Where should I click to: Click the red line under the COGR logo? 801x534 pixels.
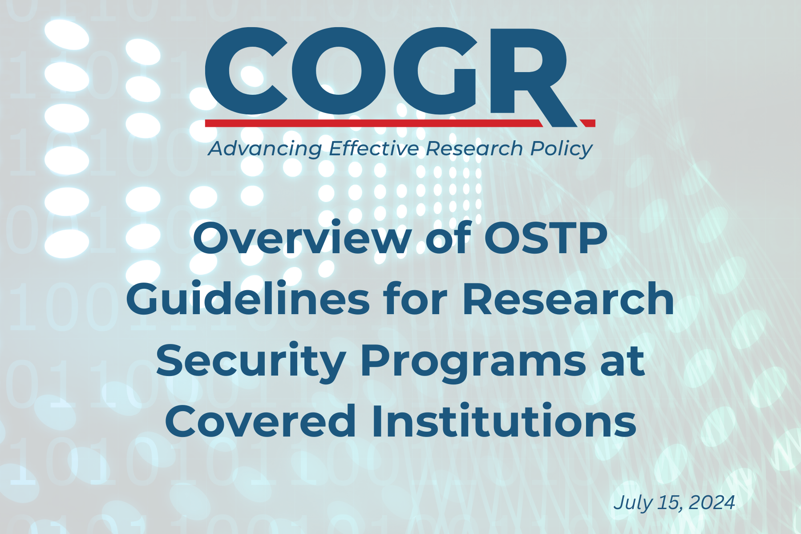(400, 123)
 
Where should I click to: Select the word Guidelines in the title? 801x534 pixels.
(248, 299)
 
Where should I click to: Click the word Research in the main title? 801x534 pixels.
(568, 299)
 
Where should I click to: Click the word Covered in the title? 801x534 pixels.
(261, 421)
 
